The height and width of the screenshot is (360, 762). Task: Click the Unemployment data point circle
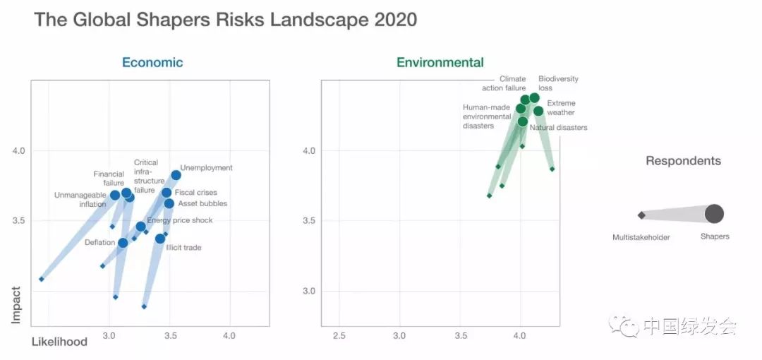tap(176, 175)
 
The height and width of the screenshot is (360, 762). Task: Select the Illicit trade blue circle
tap(160, 239)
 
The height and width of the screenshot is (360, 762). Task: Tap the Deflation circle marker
tap(123, 243)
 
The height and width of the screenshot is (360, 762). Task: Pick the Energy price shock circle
tap(141, 227)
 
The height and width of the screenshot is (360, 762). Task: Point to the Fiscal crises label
tap(195, 193)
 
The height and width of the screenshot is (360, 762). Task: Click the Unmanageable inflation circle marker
tap(115, 196)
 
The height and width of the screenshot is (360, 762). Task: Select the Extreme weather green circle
tap(538, 111)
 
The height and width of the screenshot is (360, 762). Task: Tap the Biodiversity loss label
tap(558, 83)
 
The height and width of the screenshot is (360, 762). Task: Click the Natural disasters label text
tap(558, 128)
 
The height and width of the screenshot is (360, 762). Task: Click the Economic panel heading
tap(152, 62)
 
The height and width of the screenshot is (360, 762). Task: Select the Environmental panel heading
tap(440, 62)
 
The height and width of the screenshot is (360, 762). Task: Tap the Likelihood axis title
tap(59, 342)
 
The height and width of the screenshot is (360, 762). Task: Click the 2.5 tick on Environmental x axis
tap(339, 336)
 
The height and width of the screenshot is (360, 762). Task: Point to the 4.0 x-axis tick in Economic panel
tap(229, 336)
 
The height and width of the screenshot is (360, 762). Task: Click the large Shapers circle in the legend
tap(714, 213)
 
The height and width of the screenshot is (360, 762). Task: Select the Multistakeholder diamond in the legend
tap(641, 215)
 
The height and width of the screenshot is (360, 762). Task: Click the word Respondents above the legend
tap(683, 161)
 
